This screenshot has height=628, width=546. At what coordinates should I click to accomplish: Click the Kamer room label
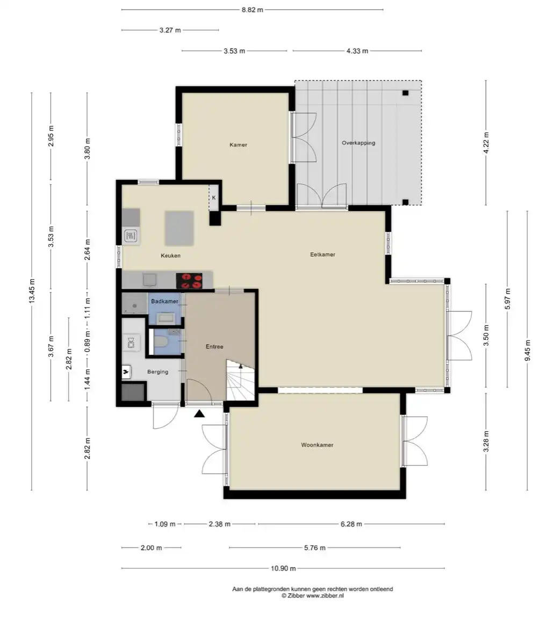pyautogui.click(x=238, y=144)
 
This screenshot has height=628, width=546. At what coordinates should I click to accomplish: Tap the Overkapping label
pyautogui.click(x=358, y=143)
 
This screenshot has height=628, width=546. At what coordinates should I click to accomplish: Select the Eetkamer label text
pyautogui.click(x=322, y=254)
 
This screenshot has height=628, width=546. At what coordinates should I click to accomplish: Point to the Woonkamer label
pyautogui.click(x=317, y=444)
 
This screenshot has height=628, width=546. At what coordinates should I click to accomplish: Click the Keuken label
pyautogui.click(x=170, y=255)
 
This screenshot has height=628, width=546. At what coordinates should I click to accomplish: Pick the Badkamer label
pyautogui.click(x=164, y=301)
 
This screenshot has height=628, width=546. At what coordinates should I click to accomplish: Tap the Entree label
pyautogui.click(x=214, y=346)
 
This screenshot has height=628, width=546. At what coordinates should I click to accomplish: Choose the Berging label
pyautogui.click(x=157, y=371)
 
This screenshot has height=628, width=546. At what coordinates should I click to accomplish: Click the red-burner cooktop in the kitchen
pyautogui.click(x=189, y=280)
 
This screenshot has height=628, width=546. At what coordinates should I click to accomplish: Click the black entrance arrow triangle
pyautogui.click(x=199, y=414)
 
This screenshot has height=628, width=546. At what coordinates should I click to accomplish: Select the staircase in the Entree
pyautogui.click(x=241, y=379)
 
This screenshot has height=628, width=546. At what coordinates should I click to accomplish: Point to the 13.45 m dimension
pyautogui.click(x=32, y=291)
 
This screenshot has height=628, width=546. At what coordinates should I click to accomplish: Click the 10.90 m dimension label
pyautogui.click(x=283, y=568)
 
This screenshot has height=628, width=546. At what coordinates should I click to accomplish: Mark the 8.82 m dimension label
pyautogui.click(x=252, y=10)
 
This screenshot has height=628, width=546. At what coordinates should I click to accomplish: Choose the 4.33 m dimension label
pyautogui.click(x=357, y=51)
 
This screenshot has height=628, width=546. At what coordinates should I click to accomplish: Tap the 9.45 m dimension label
pyautogui.click(x=528, y=350)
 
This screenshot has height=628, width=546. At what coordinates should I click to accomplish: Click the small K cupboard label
pyautogui.click(x=214, y=198)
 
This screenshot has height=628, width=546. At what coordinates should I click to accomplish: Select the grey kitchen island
pyautogui.click(x=179, y=228)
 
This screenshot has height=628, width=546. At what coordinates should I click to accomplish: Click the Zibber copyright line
pyautogui.click(x=313, y=596)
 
